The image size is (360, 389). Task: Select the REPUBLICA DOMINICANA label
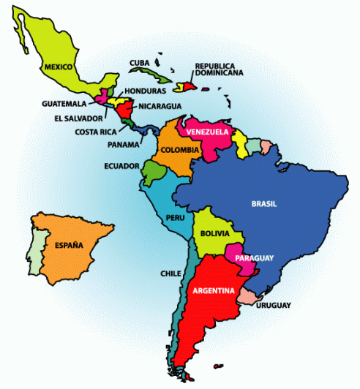[219, 70]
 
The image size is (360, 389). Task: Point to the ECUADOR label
[121, 166]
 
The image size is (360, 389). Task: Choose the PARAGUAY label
[254, 258]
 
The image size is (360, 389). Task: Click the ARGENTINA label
[213, 290]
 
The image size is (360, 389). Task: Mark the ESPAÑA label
[67, 245]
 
